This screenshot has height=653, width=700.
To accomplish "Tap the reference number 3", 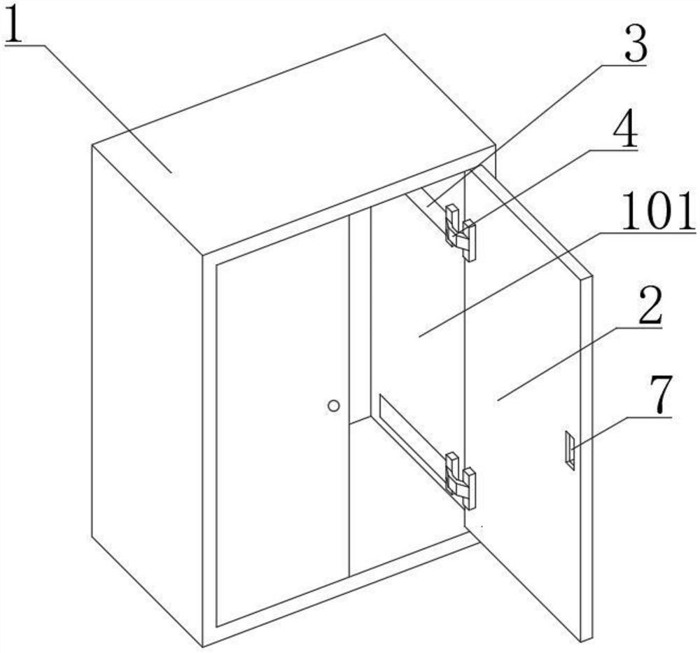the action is coord(636,45).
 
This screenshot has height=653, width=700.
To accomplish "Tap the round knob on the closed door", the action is coord(333,406).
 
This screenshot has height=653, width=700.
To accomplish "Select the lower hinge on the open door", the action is coord(461,481).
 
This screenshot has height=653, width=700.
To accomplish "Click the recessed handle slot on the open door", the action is coord(569,450).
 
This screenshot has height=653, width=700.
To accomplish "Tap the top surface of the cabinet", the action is coord(295,143).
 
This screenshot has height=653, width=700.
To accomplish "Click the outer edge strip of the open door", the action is coord(587,456).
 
